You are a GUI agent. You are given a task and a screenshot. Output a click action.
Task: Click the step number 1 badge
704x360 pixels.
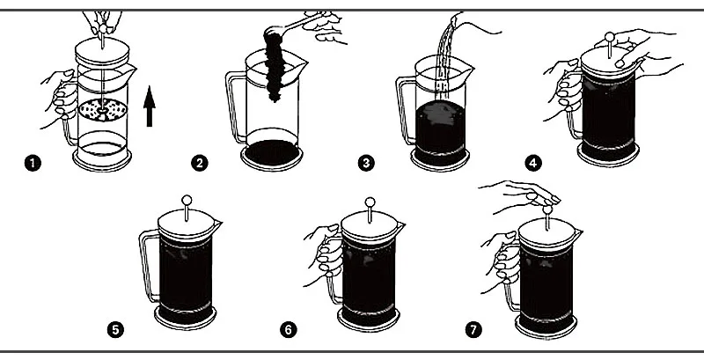33,163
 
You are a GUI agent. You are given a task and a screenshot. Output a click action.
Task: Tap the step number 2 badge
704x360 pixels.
201,163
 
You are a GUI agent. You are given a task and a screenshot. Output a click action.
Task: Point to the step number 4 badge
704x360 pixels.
532,163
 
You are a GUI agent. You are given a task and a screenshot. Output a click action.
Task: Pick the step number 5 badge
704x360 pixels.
114,330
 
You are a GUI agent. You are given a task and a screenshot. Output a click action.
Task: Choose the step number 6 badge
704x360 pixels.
288,330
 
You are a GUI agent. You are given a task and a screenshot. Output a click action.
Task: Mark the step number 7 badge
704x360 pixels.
474,330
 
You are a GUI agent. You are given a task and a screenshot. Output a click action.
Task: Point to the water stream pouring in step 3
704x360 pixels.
446,53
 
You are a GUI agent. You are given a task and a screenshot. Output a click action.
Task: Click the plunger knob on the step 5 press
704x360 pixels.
187,200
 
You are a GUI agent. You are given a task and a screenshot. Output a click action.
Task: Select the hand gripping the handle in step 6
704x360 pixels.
324,255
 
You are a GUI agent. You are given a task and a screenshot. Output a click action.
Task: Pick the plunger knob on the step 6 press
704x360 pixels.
370,200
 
